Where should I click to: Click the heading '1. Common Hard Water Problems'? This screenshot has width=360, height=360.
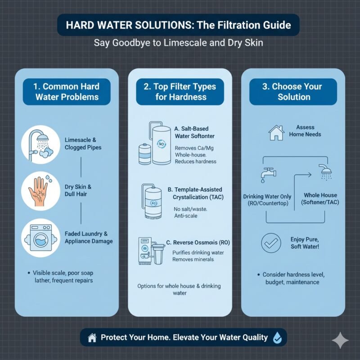(x=67, y=91)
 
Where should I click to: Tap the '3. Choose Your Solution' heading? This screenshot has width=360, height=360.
(x=293, y=91)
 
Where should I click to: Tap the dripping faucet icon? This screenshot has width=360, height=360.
(x=265, y=173)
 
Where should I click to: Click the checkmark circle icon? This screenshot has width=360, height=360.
(x=271, y=243)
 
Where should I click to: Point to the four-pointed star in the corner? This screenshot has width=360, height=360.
(x=340, y=341)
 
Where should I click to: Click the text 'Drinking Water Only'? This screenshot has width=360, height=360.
(x=267, y=196)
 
